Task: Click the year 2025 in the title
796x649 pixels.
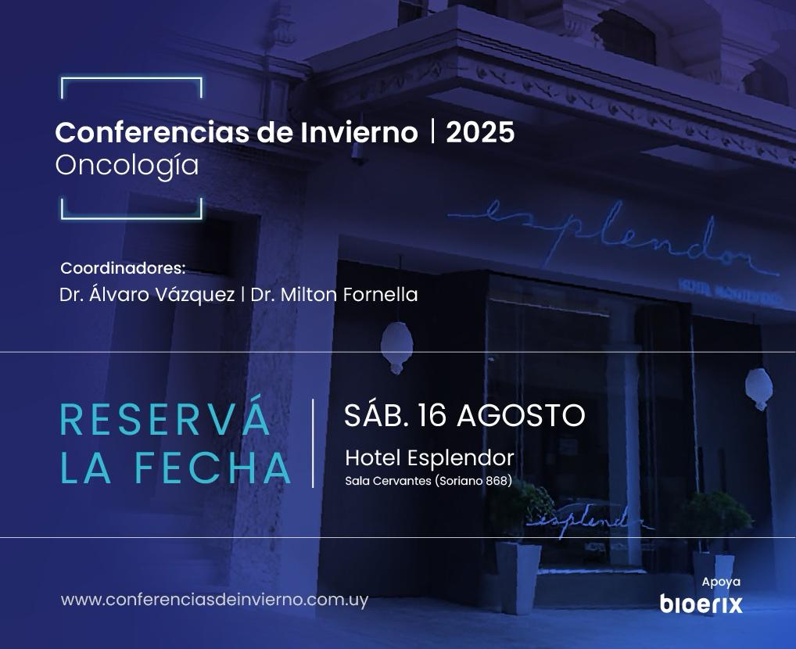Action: tap(480, 132)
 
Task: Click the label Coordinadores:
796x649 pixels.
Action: tap(123, 267)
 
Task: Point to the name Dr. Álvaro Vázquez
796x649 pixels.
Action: tap(147, 294)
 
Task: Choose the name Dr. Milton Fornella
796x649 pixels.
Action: tap(334, 295)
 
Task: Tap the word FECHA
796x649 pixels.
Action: tap(212, 468)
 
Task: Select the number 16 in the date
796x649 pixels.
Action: tap(432, 415)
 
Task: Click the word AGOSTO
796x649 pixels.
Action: tap(521, 415)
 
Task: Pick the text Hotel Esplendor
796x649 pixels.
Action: tap(429, 457)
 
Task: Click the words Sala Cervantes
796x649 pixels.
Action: tap(389, 480)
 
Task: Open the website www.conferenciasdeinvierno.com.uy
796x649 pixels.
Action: tap(214, 600)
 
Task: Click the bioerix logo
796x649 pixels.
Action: tap(701, 604)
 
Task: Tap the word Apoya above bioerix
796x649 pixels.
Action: tap(721, 582)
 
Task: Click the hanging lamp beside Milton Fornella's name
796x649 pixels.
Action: tap(396, 347)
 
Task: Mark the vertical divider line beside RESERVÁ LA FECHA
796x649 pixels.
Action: tap(313, 443)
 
